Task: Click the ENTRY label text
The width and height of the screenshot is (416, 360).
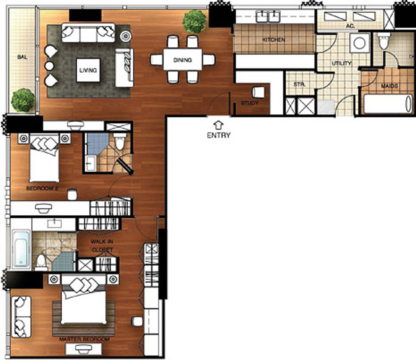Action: (218, 135)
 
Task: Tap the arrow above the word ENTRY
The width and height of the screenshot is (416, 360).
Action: (218, 125)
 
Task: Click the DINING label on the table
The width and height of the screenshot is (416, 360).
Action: (182, 60)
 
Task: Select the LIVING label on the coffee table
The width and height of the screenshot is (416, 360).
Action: (88, 70)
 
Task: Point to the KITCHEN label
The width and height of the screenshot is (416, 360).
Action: (274, 40)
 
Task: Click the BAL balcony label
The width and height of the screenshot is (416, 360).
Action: (22, 57)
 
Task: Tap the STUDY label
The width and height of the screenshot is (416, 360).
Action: (250, 103)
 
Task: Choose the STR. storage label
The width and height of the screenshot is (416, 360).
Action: (299, 84)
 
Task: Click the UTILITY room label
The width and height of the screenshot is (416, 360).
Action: (341, 63)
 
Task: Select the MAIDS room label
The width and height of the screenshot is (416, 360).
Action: (389, 86)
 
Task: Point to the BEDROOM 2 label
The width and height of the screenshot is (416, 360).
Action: (42, 188)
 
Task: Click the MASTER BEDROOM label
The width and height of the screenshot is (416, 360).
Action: (84, 339)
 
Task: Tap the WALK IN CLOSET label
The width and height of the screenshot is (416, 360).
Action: (102, 246)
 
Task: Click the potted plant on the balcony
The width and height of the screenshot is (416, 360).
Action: (23, 100)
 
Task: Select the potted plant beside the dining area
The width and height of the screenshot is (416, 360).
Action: (194, 22)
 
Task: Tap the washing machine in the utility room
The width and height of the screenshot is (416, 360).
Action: (359, 43)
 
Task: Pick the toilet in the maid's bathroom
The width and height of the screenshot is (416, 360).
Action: (383, 42)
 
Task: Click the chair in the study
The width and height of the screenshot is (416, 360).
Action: (258, 92)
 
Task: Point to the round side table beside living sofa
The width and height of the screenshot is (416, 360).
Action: (125, 36)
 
